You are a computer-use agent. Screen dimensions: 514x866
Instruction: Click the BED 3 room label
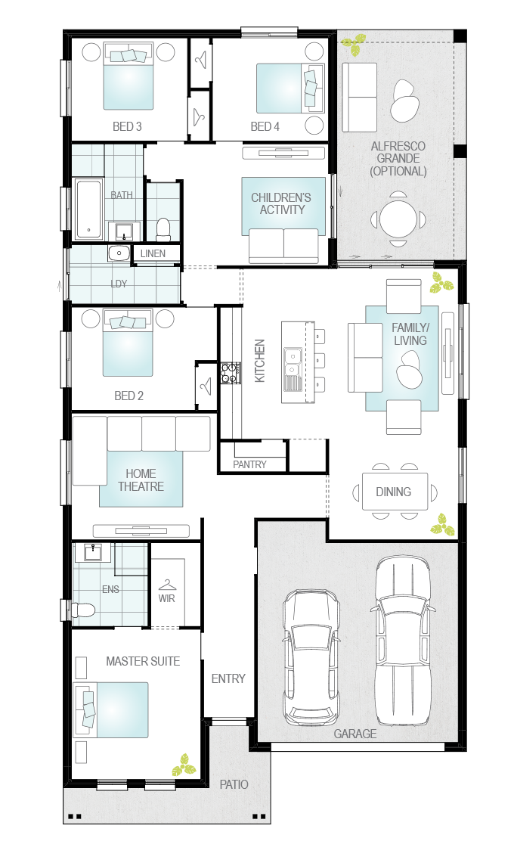(x=127, y=126)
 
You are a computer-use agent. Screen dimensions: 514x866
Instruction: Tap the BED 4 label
(x=265, y=126)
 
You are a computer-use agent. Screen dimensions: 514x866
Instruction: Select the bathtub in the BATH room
(x=88, y=208)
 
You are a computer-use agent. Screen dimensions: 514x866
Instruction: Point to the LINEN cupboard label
(x=153, y=253)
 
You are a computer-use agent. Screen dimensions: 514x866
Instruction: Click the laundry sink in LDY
(x=119, y=253)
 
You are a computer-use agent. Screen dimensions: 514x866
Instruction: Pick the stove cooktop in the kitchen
(x=231, y=373)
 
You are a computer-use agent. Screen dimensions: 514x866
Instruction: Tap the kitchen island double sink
(x=292, y=362)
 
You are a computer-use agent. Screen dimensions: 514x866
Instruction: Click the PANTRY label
(x=249, y=464)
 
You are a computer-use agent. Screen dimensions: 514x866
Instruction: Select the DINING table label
(x=394, y=492)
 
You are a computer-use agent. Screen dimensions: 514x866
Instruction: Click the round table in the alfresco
(x=398, y=218)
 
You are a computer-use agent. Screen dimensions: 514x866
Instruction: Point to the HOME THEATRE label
(x=141, y=480)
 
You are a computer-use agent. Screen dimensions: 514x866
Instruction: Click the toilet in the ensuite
(x=83, y=610)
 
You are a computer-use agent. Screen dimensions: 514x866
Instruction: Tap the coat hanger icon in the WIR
(x=167, y=585)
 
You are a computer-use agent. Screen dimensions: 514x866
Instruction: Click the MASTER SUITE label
(x=143, y=661)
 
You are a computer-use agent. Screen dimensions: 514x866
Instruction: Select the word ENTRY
(x=228, y=678)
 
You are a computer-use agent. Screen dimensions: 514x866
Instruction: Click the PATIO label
(x=234, y=784)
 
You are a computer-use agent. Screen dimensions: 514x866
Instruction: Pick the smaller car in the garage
(x=311, y=658)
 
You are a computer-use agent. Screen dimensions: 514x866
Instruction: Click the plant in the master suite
(x=183, y=765)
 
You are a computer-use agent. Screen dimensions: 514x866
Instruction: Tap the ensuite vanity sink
(x=93, y=552)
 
